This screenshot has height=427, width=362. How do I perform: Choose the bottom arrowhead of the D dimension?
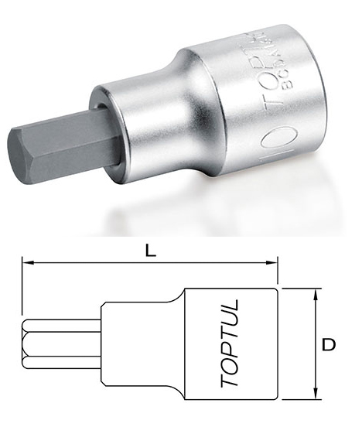tap(315, 394)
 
